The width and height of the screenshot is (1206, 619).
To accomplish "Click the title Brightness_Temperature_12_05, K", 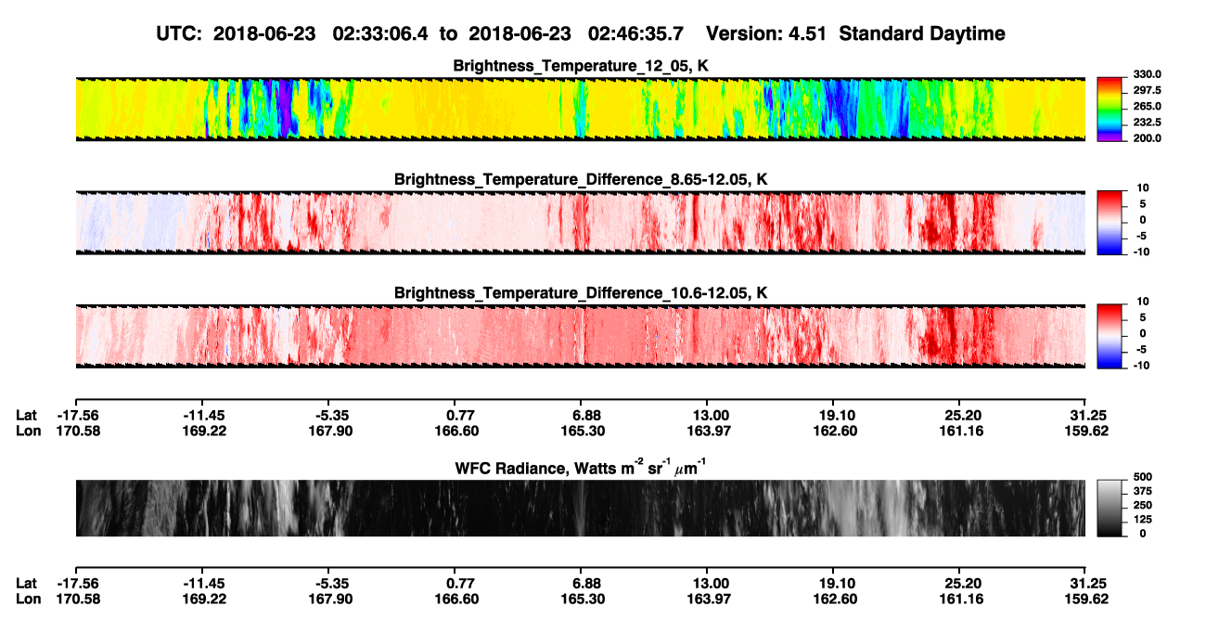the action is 581,66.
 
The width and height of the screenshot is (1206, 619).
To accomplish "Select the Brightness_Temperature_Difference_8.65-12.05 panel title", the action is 581,179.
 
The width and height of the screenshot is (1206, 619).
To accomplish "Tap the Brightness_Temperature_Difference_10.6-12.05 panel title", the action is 581,293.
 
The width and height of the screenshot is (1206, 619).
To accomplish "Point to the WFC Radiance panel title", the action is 581,468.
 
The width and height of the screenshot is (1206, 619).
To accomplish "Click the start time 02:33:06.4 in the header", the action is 380,33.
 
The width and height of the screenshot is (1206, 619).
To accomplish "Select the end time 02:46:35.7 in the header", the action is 635,33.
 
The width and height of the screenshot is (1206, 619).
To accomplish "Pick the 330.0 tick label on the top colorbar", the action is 1148,74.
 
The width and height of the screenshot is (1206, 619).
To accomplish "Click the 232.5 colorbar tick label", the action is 1148,123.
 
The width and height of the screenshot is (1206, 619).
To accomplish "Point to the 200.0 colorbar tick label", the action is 1148,138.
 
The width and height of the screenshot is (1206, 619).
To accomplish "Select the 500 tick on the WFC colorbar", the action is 1143,477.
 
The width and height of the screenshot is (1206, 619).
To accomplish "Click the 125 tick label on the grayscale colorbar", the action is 1143,520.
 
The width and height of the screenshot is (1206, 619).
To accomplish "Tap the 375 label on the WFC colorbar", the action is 1143,491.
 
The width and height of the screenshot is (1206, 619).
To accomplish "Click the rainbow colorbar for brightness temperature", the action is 1110,110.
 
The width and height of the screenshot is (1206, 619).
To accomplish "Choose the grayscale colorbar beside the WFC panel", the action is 1110,508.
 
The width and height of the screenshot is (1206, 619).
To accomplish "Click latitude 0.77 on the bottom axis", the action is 461,584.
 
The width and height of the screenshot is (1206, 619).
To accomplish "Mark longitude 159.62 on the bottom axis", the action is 1086,600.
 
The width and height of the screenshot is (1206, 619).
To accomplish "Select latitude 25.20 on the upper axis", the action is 963,416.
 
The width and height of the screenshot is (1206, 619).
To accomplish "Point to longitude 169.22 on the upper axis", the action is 204,431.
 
